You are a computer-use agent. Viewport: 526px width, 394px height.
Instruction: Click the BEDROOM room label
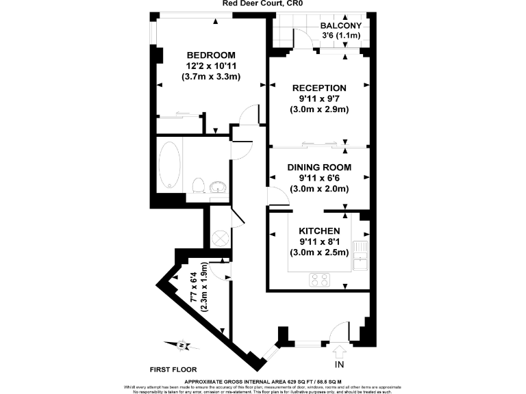point(211,55)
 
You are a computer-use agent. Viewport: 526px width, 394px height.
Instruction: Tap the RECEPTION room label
point(319,88)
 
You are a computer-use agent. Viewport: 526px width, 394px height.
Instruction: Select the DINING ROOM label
point(319,167)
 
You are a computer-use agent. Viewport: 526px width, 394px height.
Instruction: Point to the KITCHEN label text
point(319,231)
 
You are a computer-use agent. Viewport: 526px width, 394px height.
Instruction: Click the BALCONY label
point(341,27)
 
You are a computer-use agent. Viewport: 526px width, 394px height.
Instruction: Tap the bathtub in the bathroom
point(169,166)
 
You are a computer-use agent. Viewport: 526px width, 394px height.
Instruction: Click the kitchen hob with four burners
point(320,279)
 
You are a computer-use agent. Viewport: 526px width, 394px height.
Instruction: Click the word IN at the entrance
point(340,364)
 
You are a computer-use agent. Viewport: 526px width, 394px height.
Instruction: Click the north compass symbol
point(181,345)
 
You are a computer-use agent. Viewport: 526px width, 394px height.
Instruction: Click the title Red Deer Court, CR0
point(262,3)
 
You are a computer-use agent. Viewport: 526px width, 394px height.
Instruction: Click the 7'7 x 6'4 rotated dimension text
point(199,287)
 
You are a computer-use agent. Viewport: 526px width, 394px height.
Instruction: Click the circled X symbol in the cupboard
point(221,238)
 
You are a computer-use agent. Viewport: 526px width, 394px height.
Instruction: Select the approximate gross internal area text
point(263,381)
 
